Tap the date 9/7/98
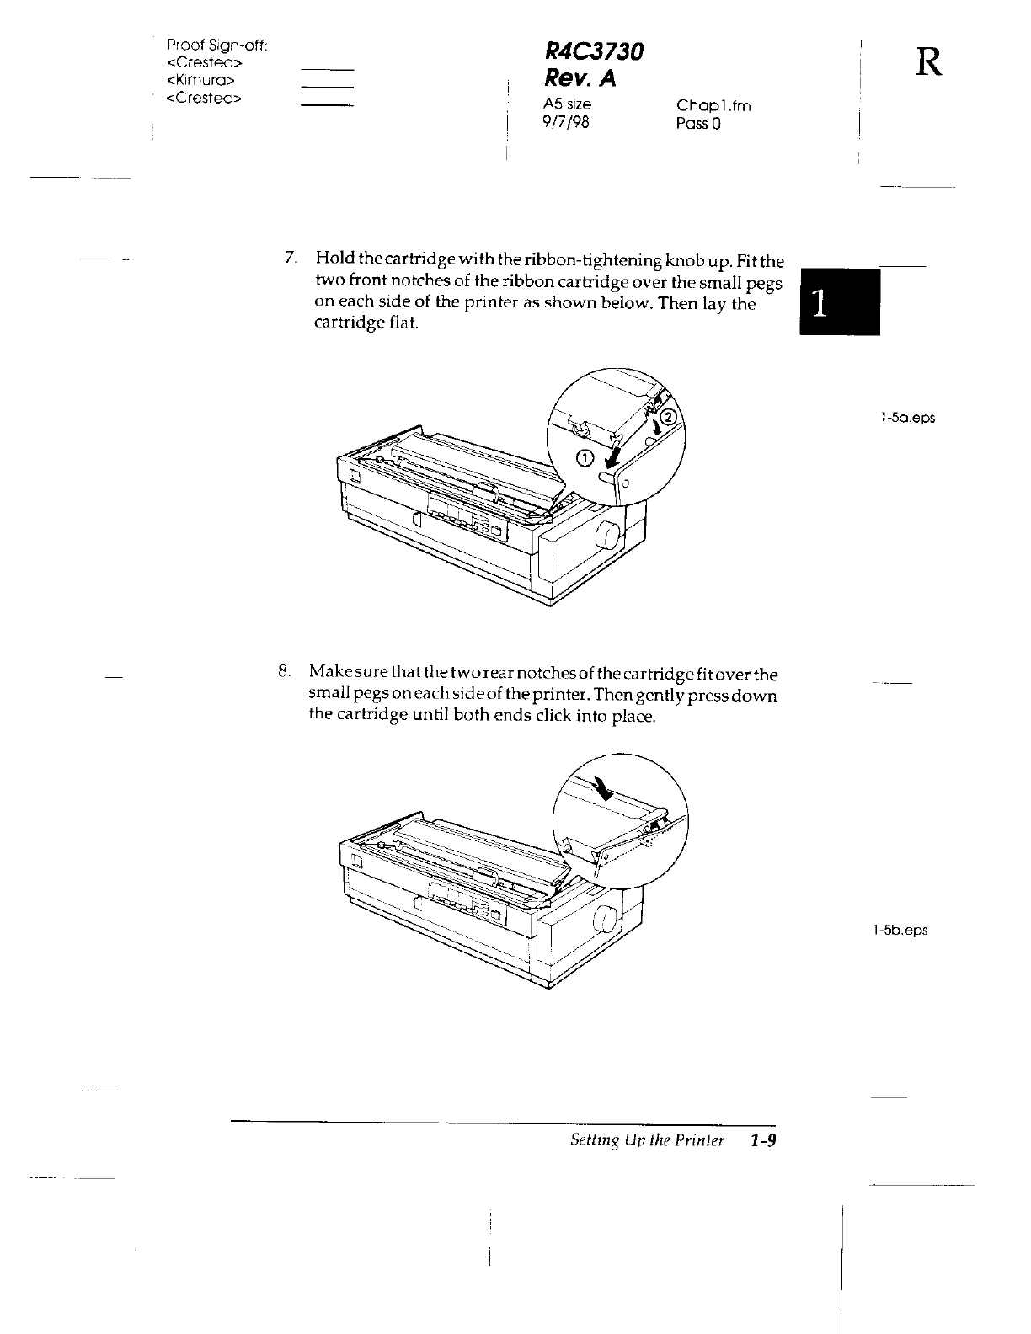[x=567, y=123]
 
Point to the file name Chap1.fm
[x=713, y=105]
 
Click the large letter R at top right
[x=927, y=61]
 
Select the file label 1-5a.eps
[x=907, y=418]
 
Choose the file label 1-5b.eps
[x=900, y=931]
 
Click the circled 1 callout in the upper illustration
[x=585, y=457]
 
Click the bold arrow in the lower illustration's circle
[x=605, y=788]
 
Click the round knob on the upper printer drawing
[x=605, y=533]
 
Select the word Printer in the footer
[x=702, y=1140]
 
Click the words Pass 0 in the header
[x=698, y=124]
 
